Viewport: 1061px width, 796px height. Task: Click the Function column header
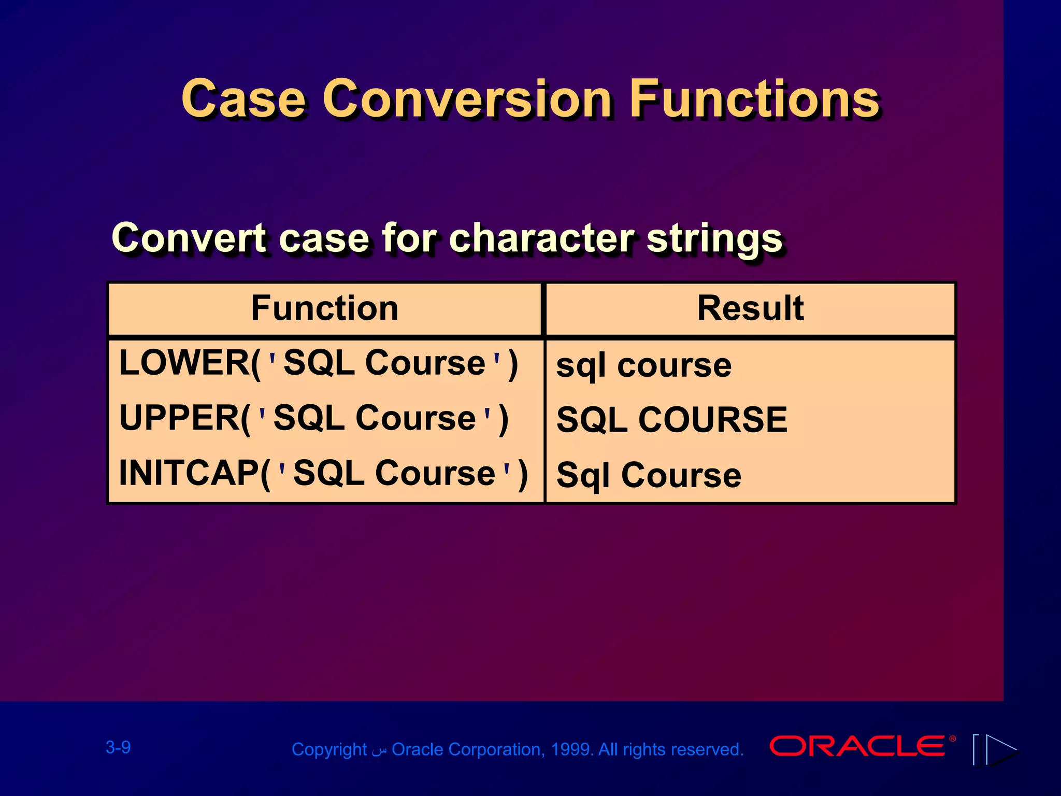point(325,308)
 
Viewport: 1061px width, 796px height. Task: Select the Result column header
point(750,308)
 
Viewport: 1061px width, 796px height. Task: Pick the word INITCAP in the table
point(190,473)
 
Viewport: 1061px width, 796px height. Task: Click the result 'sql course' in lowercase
point(644,366)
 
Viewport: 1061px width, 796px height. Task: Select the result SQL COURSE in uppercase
point(672,420)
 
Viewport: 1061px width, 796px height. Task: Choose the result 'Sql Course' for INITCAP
point(649,475)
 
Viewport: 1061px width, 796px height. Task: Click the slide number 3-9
point(118,747)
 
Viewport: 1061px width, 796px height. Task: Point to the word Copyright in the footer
point(329,750)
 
